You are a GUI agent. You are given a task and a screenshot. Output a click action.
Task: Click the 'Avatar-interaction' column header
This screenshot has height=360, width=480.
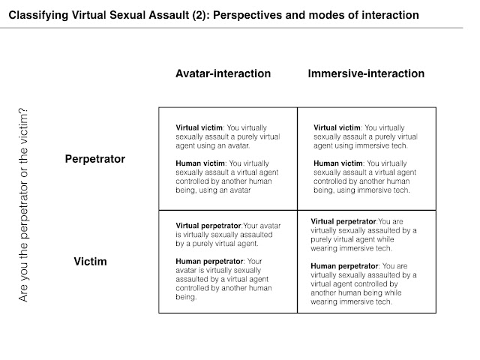pyautogui.click(x=223, y=73)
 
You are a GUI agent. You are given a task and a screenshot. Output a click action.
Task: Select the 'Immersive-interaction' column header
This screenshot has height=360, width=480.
pyautogui.click(x=366, y=73)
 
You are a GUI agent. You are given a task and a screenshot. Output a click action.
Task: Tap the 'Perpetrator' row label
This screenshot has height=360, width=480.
pyautogui.click(x=94, y=159)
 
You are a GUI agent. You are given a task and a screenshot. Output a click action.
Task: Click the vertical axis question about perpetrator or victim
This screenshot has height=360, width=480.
pyautogui.click(x=23, y=205)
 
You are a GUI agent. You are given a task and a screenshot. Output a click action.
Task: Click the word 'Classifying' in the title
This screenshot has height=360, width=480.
pyautogui.click(x=37, y=15)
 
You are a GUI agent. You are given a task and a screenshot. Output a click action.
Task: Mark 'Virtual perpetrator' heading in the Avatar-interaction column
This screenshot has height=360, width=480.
pyautogui.click(x=207, y=225)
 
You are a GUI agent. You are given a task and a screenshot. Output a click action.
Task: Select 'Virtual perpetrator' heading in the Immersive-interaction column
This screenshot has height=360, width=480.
pyautogui.click(x=343, y=221)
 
